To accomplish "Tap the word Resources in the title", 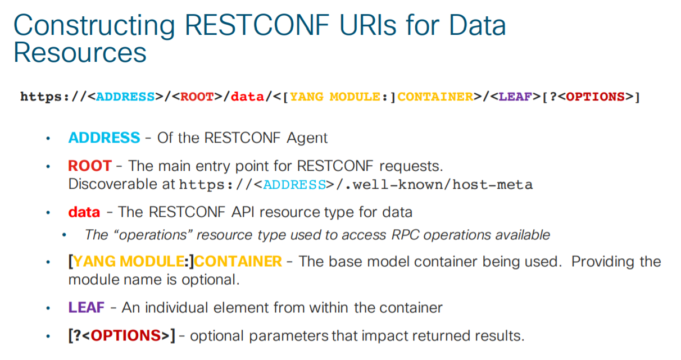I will point(80,52).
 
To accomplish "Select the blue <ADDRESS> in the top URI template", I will point(125,97).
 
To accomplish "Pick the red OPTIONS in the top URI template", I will point(595,97).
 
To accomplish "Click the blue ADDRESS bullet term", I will point(104,138).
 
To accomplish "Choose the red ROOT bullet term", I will point(89,166).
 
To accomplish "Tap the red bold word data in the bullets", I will point(84,212).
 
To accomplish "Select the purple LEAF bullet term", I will point(86,308).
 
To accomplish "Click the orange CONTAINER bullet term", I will point(238,262).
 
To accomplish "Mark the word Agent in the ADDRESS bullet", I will point(307,138).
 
